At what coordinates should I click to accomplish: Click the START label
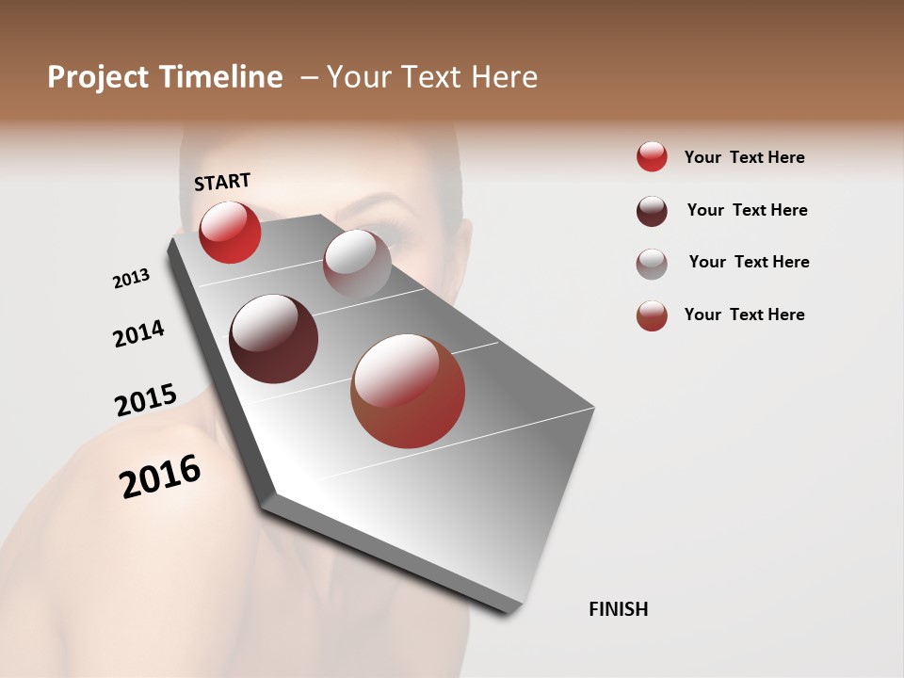(222, 181)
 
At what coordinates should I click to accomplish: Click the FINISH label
(618, 609)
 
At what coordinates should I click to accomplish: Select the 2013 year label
(131, 279)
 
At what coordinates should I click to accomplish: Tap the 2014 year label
(138, 334)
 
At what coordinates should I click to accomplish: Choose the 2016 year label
(160, 476)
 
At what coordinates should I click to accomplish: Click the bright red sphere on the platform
(230, 233)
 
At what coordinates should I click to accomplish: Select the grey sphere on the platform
(357, 264)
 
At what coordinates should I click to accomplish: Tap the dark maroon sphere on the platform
(274, 339)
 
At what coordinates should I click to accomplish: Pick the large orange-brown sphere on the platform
(408, 391)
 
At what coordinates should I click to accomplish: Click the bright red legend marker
(652, 157)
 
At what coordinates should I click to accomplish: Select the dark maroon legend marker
(652, 211)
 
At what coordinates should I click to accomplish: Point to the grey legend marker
(652, 264)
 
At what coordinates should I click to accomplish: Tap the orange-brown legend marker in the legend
(652, 315)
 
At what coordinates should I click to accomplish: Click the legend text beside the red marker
(744, 157)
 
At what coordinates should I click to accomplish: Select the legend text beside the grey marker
(749, 262)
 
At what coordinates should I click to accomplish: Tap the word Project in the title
(98, 77)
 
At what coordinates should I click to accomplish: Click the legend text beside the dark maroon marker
(747, 210)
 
